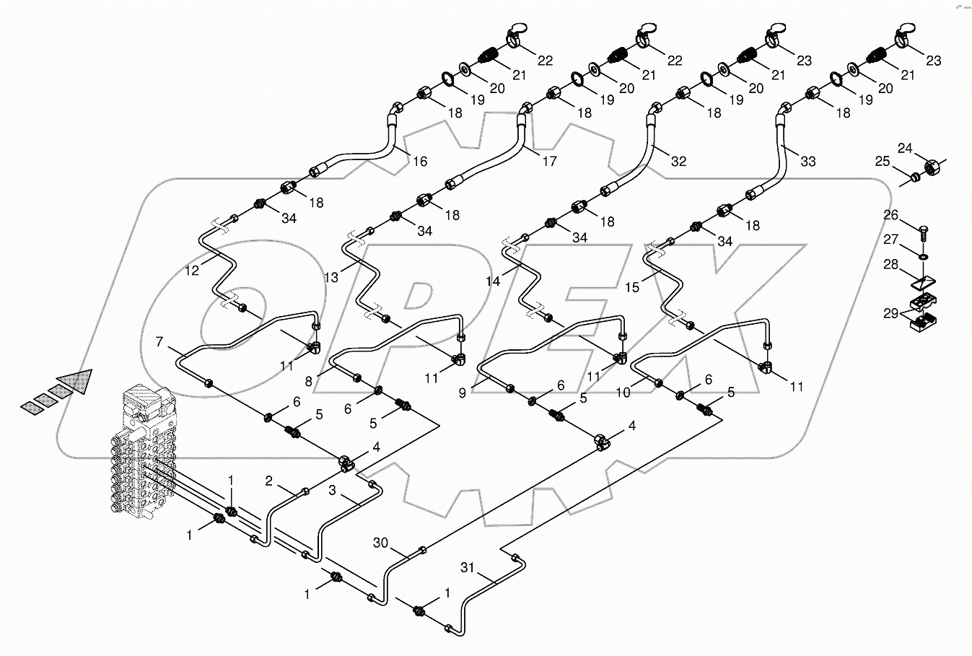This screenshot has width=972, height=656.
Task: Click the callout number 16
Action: [x=419, y=162]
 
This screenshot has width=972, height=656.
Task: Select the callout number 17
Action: [x=549, y=162]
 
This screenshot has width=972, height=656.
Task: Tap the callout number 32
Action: [x=678, y=162]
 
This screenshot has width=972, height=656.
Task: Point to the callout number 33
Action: [x=808, y=162]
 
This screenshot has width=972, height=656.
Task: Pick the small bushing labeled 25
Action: [x=914, y=176]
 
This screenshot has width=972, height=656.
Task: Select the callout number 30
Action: [x=382, y=543]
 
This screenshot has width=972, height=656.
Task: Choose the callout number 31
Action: [x=468, y=568]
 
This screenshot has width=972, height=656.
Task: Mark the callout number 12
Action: [x=191, y=271]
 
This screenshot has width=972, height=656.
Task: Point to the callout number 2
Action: [x=268, y=481]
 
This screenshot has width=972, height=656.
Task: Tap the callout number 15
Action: [x=631, y=287]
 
